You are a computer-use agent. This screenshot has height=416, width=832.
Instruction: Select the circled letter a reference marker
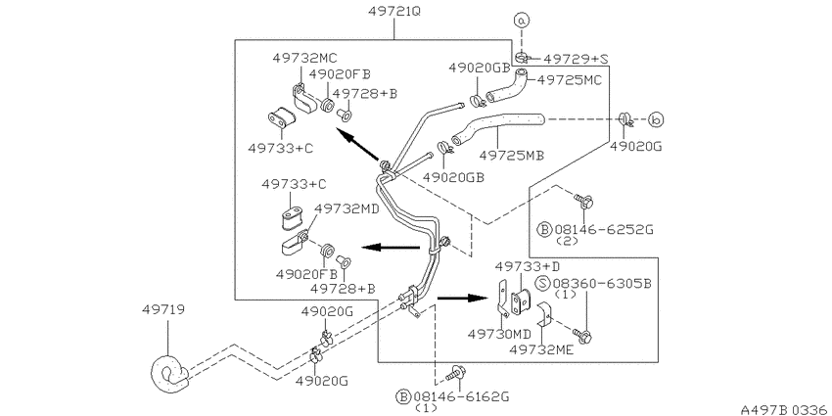point(522,21)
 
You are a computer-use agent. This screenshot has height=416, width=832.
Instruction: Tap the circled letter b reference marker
point(657,120)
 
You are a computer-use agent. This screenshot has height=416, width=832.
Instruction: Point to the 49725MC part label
point(570,80)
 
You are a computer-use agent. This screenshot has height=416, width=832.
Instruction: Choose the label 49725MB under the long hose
point(512,156)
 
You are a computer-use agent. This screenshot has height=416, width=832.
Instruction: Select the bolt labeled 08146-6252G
point(582,201)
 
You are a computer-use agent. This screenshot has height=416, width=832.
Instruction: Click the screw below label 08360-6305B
point(582,336)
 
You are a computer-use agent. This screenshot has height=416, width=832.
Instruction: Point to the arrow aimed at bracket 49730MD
point(462,299)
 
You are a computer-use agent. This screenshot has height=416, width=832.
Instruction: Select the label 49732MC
point(305,58)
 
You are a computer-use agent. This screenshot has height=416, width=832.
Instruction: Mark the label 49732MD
point(347,208)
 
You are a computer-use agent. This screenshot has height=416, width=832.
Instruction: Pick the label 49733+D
point(528,265)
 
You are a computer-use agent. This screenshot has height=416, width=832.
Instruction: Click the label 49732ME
point(541,349)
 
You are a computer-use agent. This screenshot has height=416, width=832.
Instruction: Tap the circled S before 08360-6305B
point(542,283)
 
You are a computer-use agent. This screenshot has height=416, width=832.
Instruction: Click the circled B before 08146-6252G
point(545,230)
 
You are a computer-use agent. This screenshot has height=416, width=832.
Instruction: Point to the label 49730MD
point(499,335)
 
